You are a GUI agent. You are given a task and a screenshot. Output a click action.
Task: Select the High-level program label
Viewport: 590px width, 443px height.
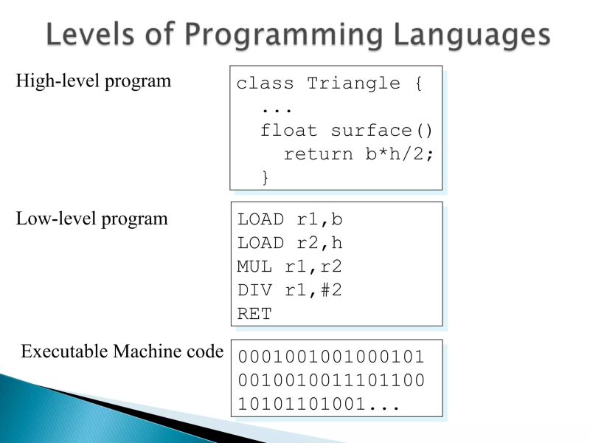pos(94,81)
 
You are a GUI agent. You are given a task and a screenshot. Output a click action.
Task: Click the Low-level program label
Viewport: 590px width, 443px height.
pos(92,219)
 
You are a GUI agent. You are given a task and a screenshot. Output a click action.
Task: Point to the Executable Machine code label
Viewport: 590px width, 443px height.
pos(122,351)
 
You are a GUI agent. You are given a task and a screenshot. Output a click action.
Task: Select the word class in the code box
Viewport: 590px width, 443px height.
pos(265,83)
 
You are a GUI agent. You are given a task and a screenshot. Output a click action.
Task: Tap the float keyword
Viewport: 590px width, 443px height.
pos(290,131)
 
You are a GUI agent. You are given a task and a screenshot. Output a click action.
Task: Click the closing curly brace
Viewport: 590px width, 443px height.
pos(265,177)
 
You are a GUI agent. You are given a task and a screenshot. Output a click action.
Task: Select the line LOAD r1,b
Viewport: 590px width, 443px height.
pos(290,219)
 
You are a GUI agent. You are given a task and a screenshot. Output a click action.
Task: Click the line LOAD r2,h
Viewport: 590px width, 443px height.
pos(290,243)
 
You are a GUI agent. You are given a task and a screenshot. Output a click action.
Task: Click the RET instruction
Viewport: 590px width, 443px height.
pos(254,314)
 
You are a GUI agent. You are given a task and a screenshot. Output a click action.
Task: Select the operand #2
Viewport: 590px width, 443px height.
pos(331,290)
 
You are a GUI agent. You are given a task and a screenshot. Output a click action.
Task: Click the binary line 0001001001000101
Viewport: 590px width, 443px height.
pos(331,358)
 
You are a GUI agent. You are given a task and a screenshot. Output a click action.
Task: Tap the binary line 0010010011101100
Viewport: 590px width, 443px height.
pos(331,382)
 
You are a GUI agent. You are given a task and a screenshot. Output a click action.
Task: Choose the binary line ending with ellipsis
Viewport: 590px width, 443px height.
pos(319,405)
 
